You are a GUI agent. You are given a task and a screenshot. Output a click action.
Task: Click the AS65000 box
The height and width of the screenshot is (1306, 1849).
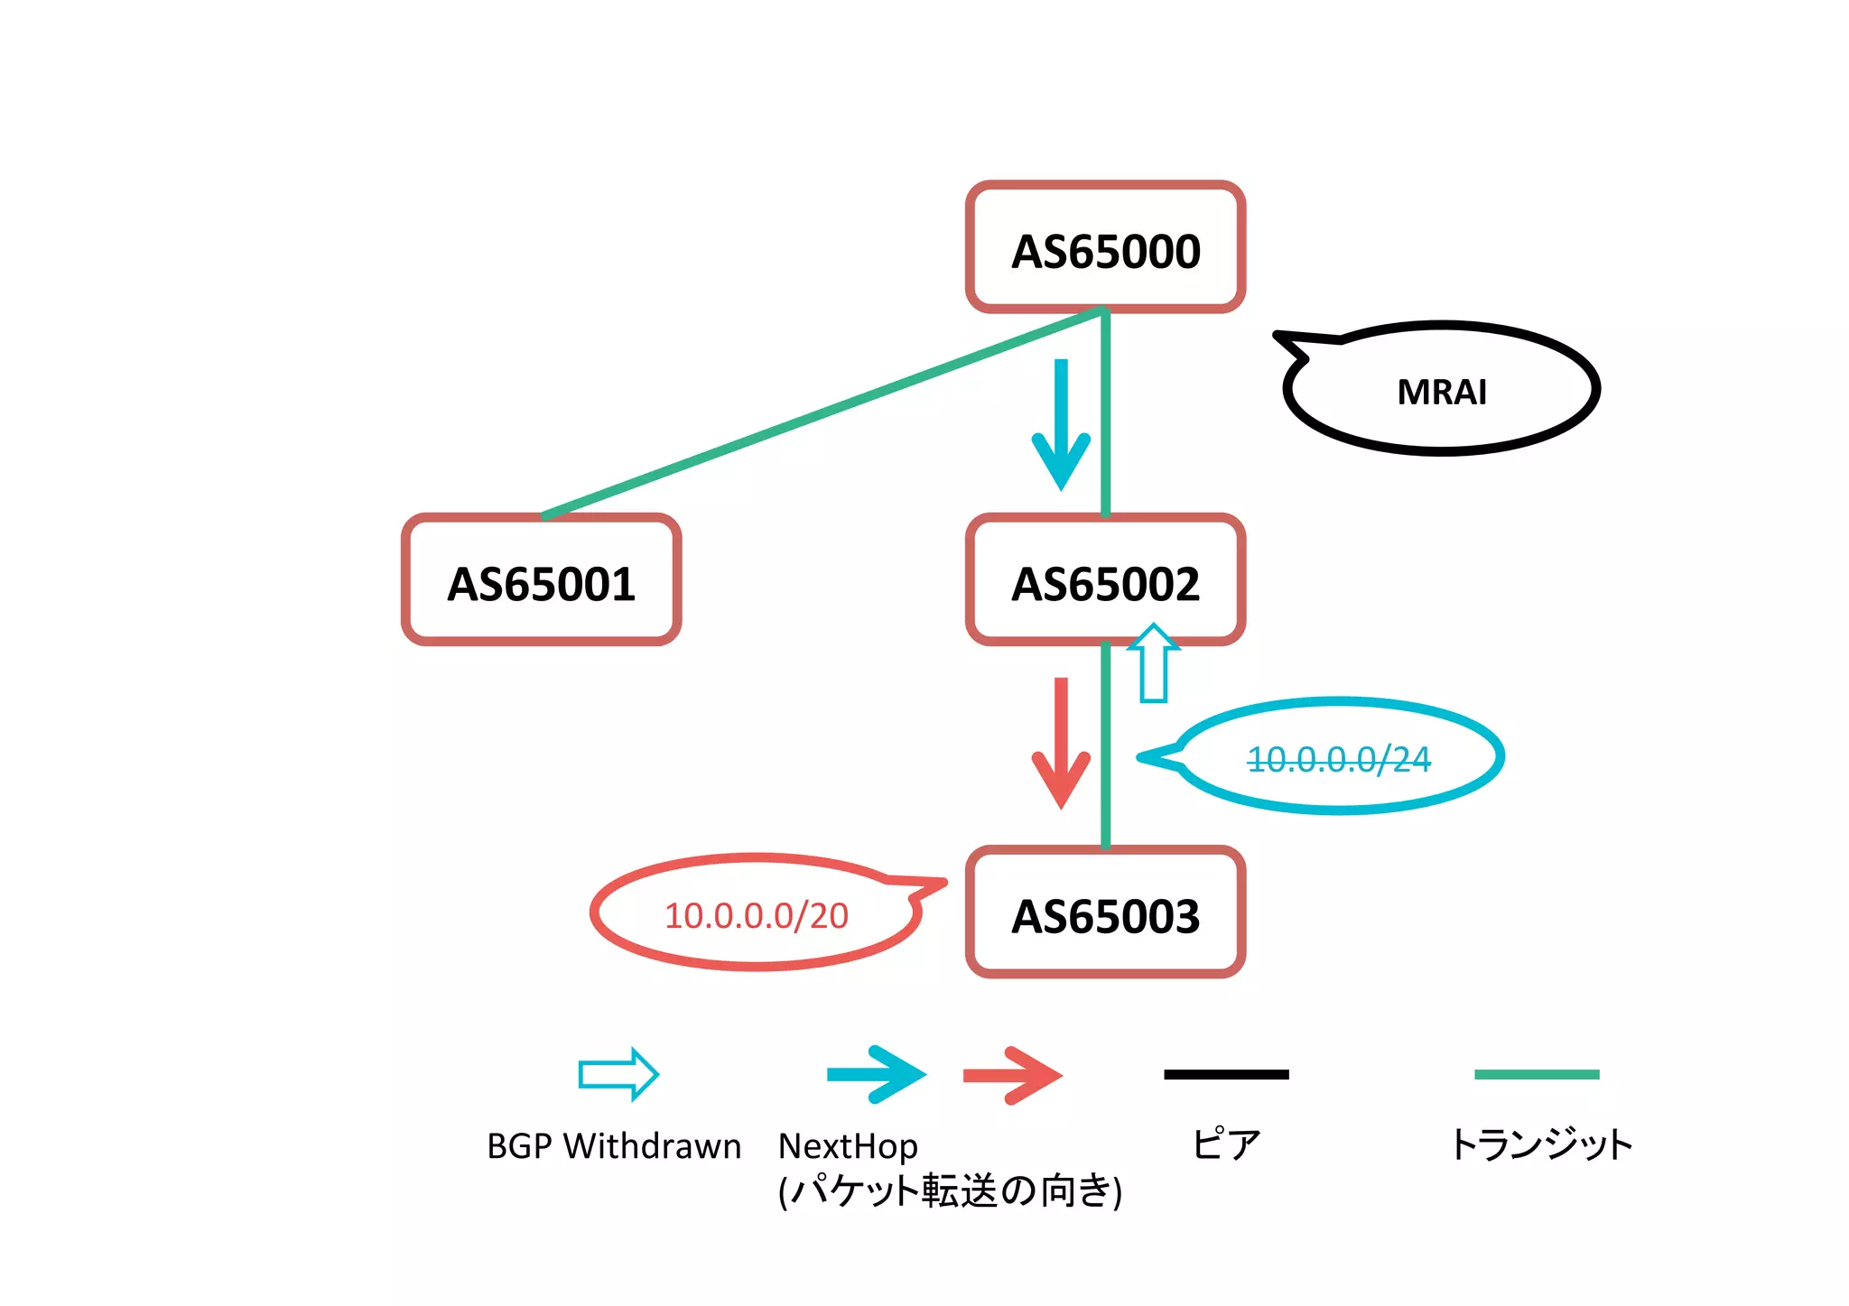(1105, 248)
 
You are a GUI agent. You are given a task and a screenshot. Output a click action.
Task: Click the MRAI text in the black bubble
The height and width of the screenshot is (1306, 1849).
(1441, 392)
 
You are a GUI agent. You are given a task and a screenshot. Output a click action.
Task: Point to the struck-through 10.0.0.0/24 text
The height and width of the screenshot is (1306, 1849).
(1338, 759)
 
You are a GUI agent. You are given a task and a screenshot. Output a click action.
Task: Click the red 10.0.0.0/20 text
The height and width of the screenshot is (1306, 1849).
(756, 915)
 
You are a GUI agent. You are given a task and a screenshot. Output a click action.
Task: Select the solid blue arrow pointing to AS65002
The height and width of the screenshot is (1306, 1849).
(1061, 424)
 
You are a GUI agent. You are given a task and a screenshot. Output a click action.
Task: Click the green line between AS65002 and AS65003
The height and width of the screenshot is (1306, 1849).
(1105, 749)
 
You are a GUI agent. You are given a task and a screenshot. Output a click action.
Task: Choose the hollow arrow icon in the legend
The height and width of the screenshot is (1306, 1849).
(618, 1074)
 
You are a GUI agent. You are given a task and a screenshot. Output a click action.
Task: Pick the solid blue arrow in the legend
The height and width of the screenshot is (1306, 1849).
(876, 1074)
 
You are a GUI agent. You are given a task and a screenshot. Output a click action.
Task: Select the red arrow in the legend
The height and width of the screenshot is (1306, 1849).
(1012, 1074)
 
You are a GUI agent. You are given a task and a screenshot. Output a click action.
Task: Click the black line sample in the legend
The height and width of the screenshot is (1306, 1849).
(1226, 1074)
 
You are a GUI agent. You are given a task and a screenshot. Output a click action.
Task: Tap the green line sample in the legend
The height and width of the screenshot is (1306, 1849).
(1536, 1074)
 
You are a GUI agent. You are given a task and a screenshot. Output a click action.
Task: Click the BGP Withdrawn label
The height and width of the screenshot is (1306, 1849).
(613, 1146)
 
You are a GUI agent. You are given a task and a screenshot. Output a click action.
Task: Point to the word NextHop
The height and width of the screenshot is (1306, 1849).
(848, 1146)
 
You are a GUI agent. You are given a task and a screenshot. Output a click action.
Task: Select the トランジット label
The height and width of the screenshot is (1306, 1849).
(1540, 1144)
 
